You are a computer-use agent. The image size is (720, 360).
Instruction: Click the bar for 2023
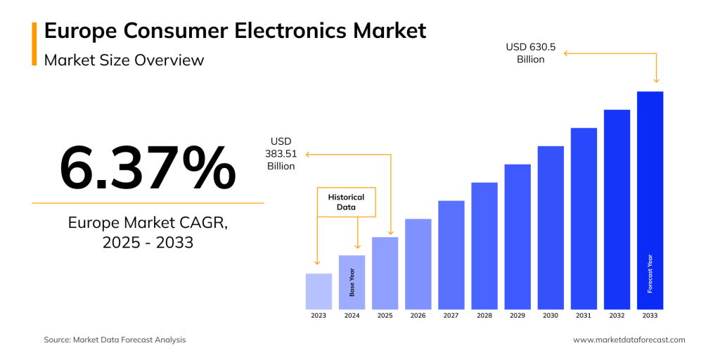click(319, 291)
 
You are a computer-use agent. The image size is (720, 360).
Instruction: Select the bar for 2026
click(418, 264)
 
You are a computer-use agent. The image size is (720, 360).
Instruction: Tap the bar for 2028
click(484, 245)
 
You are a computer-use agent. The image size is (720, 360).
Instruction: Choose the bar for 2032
click(617, 209)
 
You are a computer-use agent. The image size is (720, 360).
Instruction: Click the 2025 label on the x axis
click(385, 316)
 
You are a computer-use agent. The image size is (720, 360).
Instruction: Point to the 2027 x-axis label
click(451, 316)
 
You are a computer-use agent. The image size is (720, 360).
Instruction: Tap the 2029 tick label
click(517, 316)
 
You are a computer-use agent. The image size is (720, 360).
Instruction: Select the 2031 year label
click(584, 316)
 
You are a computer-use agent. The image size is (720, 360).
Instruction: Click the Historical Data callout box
click(346, 202)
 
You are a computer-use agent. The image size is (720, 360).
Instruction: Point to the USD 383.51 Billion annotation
click(281, 154)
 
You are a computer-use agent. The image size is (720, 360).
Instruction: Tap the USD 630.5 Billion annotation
click(531, 53)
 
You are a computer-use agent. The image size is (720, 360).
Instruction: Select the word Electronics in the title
click(301, 31)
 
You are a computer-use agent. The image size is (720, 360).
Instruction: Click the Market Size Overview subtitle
click(124, 60)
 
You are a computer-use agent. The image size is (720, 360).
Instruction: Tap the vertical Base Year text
click(352, 282)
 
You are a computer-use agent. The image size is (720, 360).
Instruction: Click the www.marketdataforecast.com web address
click(629, 340)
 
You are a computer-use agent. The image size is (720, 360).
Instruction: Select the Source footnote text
click(115, 340)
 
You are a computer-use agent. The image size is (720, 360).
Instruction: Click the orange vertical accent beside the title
click(34, 44)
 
